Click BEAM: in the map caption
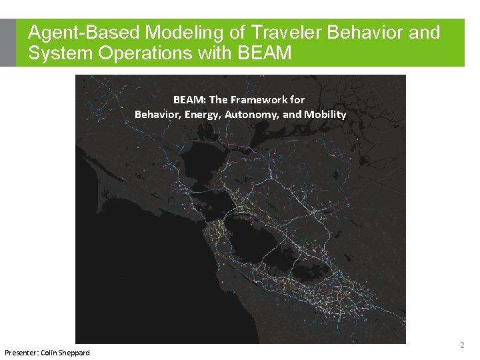189,100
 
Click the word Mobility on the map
325,115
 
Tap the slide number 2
462,345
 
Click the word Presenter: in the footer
21,352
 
